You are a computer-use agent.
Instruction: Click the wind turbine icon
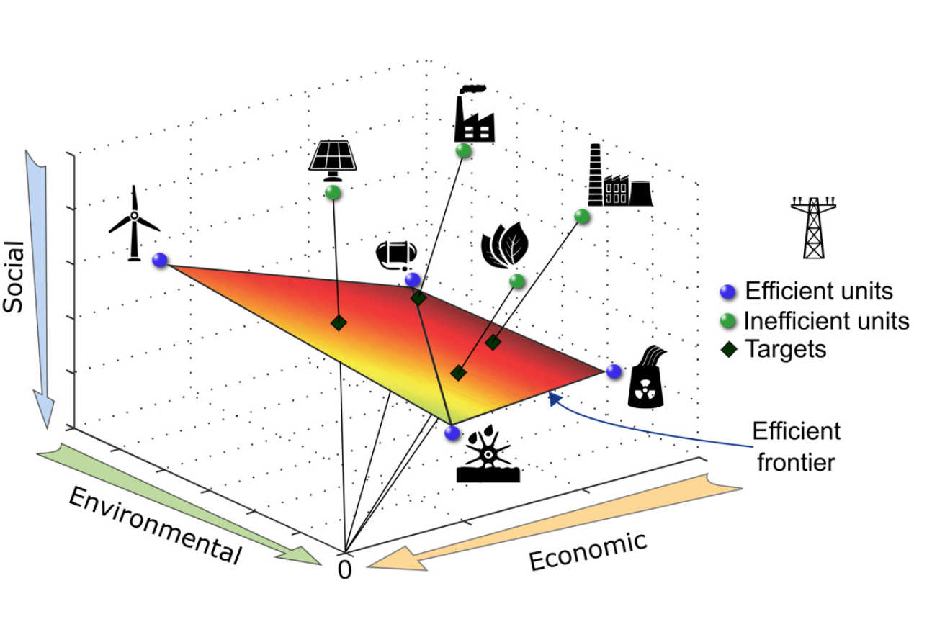[x=134, y=223]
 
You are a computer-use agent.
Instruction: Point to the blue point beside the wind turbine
[x=160, y=260]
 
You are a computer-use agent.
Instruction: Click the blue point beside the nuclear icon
[x=614, y=371]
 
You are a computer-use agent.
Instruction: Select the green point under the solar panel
[x=332, y=192]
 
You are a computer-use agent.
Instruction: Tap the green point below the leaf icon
[x=516, y=280]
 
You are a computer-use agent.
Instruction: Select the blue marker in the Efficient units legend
[x=727, y=292]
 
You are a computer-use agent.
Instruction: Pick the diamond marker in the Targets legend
[x=727, y=348]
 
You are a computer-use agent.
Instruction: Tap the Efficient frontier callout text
[x=796, y=446]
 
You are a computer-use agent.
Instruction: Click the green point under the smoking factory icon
[x=463, y=150]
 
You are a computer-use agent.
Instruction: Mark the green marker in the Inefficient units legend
[x=727, y=320]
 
